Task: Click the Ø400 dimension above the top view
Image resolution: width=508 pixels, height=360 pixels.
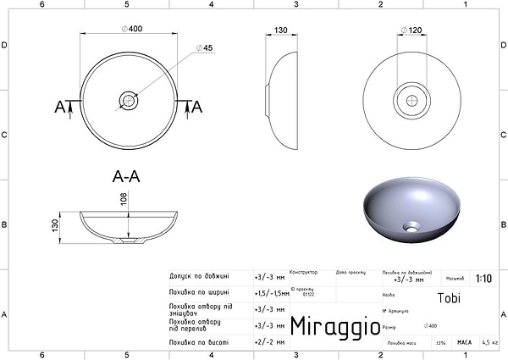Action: pos(131,29)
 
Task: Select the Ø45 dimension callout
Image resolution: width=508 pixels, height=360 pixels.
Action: pos(204,47)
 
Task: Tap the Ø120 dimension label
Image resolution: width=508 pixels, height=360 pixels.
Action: pos(412,30)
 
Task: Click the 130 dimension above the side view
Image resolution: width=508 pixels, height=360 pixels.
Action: pos(283,30)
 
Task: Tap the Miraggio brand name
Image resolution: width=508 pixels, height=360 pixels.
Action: pos(329,326)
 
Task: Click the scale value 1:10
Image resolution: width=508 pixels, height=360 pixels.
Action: pos(483,277)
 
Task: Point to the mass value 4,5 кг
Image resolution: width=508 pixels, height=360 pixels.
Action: pos(489,342)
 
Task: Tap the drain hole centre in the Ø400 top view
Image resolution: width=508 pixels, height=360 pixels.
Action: pos(130,100)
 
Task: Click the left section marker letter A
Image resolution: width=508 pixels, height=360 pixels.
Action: pos(59,107)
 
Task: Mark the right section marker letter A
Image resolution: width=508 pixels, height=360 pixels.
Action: pos(196,107)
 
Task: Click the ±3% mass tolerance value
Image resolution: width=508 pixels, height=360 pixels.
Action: pos(440,342)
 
